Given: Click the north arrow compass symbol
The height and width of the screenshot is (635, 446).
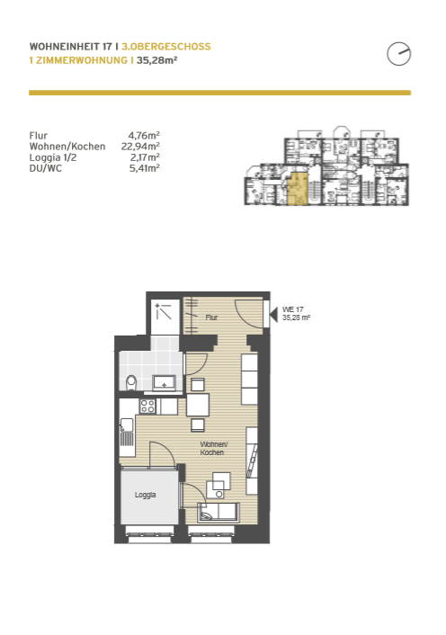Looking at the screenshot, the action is coord(398,54).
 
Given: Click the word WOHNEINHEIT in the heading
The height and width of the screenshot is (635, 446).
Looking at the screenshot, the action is coord(65,47).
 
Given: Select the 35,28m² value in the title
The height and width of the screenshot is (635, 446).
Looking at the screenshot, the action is coord(157,60).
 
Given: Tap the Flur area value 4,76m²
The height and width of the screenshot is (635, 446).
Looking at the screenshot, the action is coord(144,135).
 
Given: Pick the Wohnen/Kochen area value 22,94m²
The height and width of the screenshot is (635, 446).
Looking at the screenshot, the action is coord(140,147).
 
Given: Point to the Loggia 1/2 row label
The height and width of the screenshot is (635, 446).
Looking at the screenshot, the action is coord(53,157).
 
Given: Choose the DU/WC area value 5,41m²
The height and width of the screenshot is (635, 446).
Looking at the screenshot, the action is coord(145,168).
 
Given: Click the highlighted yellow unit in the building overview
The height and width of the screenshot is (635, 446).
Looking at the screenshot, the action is coord(298,189).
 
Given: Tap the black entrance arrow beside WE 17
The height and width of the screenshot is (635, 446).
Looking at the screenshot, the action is coord(273,314).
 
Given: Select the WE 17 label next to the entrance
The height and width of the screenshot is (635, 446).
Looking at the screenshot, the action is coord(292,309).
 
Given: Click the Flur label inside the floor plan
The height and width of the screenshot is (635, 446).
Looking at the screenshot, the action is coord(211,317).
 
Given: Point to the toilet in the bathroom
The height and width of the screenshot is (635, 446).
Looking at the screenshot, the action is coord(131,382).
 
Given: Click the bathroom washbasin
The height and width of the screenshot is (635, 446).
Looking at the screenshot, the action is coord(164,382).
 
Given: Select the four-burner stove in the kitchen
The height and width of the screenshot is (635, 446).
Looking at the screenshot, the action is coord(147,407).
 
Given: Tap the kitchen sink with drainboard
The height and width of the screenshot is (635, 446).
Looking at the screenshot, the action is coord(127,432).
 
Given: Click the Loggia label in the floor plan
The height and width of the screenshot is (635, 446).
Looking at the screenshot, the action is coord(145,495).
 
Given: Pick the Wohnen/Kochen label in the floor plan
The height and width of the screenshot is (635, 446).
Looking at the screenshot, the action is coord(213,448).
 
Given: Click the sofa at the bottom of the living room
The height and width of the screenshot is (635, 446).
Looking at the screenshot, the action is coord(219,513).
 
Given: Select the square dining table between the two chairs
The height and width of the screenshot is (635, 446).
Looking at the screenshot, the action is coord(198,405).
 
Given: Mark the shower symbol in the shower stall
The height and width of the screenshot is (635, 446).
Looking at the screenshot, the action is coord(163,311).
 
